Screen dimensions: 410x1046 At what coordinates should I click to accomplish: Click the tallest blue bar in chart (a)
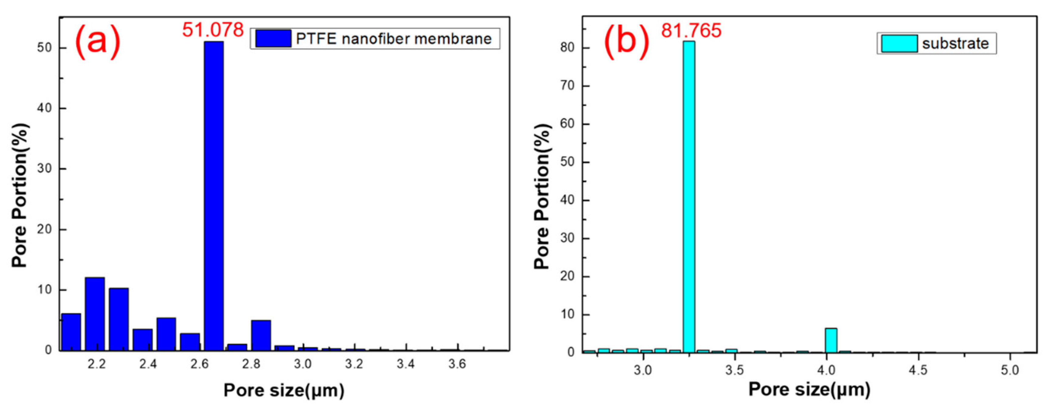[x=214, y=195]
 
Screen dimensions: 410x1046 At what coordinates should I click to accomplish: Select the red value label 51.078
[x=213, y=30]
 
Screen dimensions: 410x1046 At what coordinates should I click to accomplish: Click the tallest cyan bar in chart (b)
[x=689, y=195]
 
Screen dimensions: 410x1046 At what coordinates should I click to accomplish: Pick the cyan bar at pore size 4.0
[x=831, y=340]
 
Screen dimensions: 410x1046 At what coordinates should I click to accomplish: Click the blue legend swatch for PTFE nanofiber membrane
[x=273, y=39]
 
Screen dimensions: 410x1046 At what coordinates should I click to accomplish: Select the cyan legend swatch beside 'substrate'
[x=899, y=43]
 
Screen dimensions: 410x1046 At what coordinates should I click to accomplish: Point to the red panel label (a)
[x=98, y=41]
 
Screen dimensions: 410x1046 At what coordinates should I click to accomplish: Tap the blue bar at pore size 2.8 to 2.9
[x=261, y=335]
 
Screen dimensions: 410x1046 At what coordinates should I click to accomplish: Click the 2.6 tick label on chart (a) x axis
[x=199, y=364]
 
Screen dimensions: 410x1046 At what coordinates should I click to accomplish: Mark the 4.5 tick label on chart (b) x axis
[x=918, y=370]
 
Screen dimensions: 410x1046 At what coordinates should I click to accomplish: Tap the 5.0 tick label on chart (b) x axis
[x=1010, y=370]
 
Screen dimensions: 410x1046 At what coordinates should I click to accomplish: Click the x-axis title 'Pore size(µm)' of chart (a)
[x=284, y=390]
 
